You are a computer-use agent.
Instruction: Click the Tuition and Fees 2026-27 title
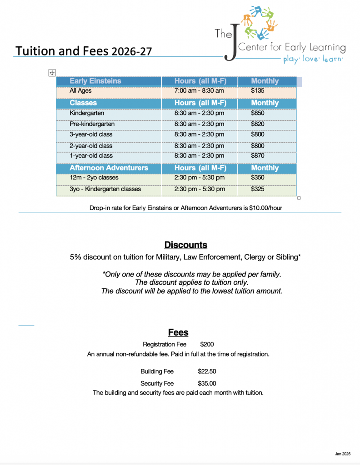pyautogui.click(x=83, y=50)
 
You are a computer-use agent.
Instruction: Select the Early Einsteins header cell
pyautogui.click(x=95, y=81)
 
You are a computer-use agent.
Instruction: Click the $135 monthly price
pyautogui.click(x=257, y=91)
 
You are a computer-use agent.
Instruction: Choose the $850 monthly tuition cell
pyautogui.click(x=257, y=113)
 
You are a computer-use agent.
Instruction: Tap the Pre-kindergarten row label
pyautogui.click(x=92, y=124)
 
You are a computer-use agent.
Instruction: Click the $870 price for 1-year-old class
pyautogui.click(x=257, y=155)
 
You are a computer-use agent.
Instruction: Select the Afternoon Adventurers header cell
pyautogui.click(x=109, y=168)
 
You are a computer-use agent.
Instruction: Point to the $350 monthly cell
pyautogui.click(x=257, y=178)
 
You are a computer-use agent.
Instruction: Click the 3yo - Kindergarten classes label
pyautogui.click(x=105, y=189)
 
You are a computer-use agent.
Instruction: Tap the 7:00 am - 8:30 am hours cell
pyautogui.click(x=199, y=91)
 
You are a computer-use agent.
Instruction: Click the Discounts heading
pyautogui.click(x=185, y=245)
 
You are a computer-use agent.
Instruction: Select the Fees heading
pyautogui.click(x=178, y=332)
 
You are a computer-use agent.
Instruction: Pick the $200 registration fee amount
pyautogui.click(x=207, y=345)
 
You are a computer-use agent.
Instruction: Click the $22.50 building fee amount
pyautogui.click(x=207, y=371)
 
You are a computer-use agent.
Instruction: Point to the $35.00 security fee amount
pyautogui.click(x=207, y=384)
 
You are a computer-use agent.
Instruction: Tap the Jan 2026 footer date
pyautogui.click(x=343, y=454)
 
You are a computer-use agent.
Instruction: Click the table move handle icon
pyautogui.click(x=52, y=73)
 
